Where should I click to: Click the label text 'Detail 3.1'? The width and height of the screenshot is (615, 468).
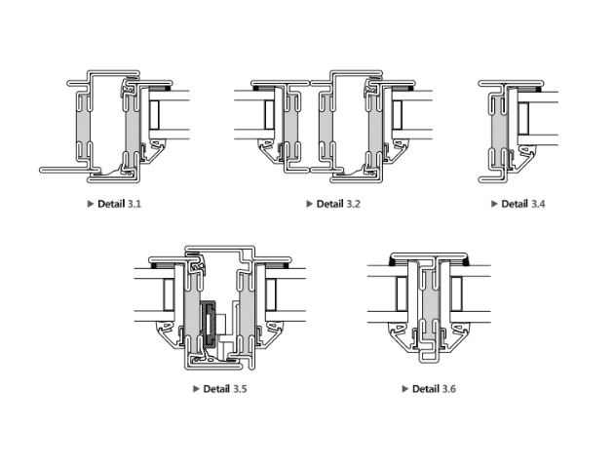[x=119, y=204]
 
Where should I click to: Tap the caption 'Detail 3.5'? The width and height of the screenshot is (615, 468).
[x=224, y=389]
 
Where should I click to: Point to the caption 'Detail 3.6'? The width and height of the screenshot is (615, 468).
[x=434, y=389]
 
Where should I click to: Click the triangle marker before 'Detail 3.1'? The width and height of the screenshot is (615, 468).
[x=91, y=204]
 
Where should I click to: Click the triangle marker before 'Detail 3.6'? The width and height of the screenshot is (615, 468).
[x=405, y=389]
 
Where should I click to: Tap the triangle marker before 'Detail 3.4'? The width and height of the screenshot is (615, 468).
[x=494, y=204]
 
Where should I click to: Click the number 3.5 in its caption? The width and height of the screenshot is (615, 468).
[x=240, y=389]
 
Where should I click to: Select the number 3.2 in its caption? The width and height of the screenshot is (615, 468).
[x=353, y=204]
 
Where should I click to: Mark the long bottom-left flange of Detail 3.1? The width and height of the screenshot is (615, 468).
[x=63, y=170]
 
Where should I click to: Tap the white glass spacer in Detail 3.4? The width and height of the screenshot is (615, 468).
[x=522, y=119]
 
